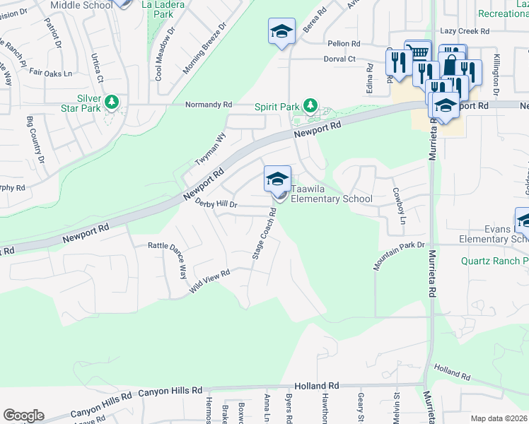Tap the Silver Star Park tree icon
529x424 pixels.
tap(111, 103)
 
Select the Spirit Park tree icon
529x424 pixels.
tap(310, 106)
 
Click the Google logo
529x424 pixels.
tap(23, 416)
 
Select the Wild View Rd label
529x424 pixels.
tap(210, 281)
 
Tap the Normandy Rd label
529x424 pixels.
tap(209, 105)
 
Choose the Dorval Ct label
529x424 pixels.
tap(339, 59)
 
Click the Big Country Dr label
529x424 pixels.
tap(35, 140)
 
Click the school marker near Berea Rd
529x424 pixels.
tap(281, 31)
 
